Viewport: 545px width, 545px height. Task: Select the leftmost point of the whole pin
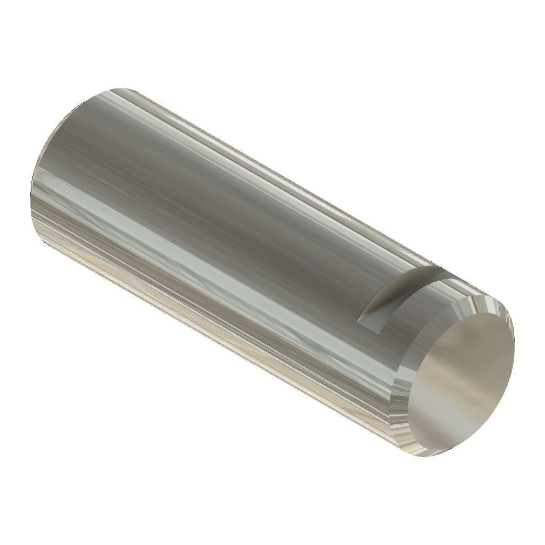coord(31,192)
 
